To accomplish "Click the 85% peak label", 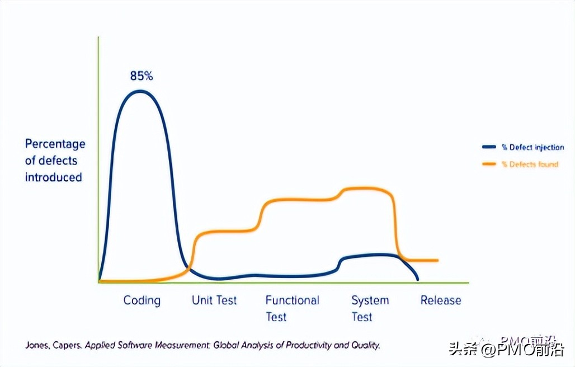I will coord(141,76).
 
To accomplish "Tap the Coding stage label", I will coord(142,300).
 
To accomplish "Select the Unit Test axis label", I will coord(214,300).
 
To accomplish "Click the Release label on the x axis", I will coord(441,300).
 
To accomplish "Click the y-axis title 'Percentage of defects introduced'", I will coord(55,161).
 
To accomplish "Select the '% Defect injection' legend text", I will coord(532,147).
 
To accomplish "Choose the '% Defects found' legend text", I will coord(530,164).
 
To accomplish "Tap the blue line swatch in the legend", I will coord(489,147).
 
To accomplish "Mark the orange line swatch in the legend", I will coord(489,164).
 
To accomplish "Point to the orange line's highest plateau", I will coord(366,189).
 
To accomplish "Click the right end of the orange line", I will coord(437,260).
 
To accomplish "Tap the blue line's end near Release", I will coord(417,279).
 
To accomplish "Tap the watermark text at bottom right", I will coord(503,350).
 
